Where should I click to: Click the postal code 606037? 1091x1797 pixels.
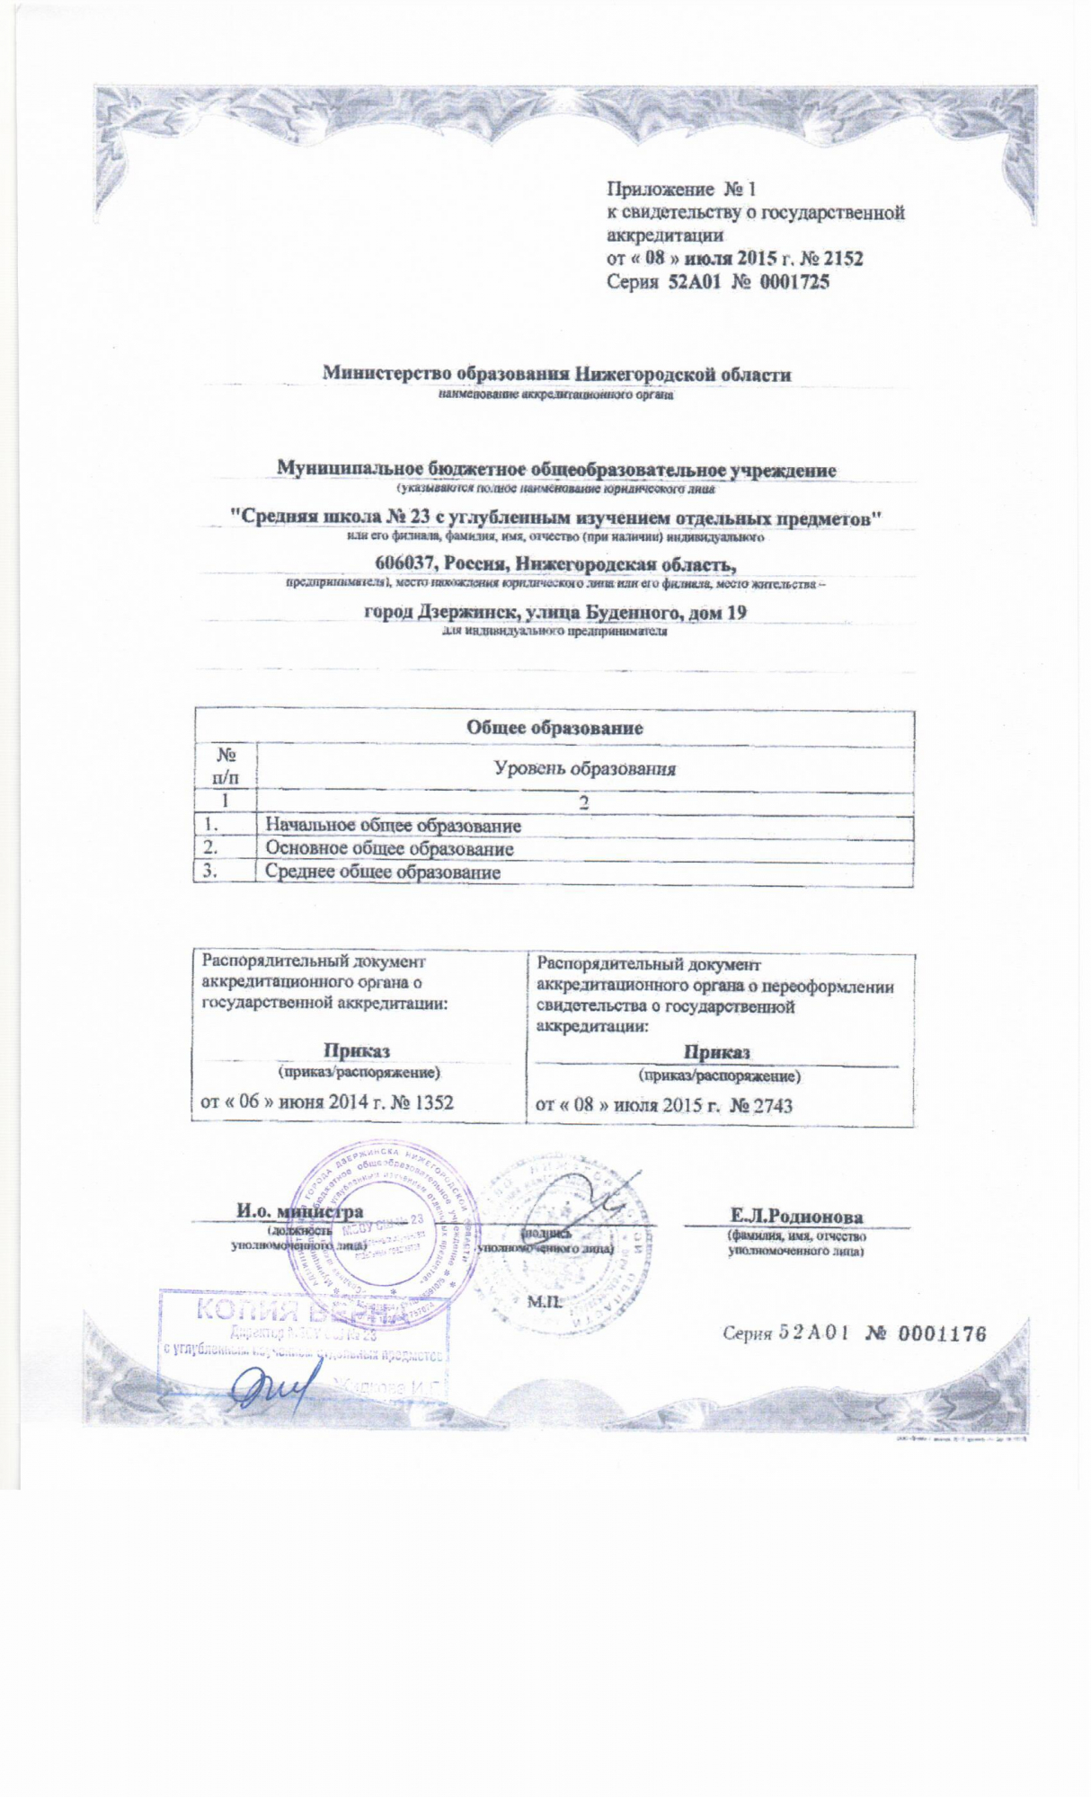(404, 563)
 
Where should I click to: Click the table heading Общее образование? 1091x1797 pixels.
(554, 728)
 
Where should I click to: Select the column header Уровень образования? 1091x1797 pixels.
(585, 769)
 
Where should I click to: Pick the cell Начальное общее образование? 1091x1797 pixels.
(393, 826)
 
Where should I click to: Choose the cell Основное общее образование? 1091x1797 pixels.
(389, 849)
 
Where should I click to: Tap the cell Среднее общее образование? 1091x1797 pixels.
(383, 872)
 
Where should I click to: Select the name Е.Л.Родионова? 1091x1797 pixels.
(796, 1217)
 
